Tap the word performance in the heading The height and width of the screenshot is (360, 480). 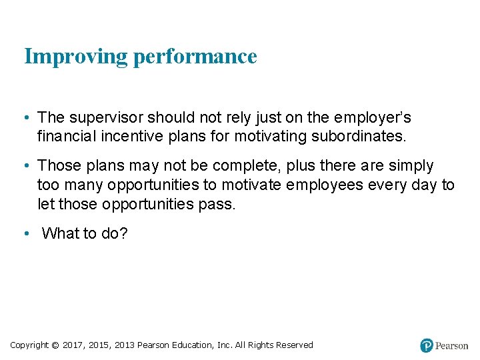coord(195,57)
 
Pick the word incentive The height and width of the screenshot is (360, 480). coord(127,137)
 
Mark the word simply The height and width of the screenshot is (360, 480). coord(409,165)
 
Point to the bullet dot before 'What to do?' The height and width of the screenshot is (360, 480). coord(25,234)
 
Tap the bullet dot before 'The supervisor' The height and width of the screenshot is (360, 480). coord(25,118)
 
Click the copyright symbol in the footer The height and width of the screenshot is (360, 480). coord(55,345)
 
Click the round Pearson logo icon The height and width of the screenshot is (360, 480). coord(427,345)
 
